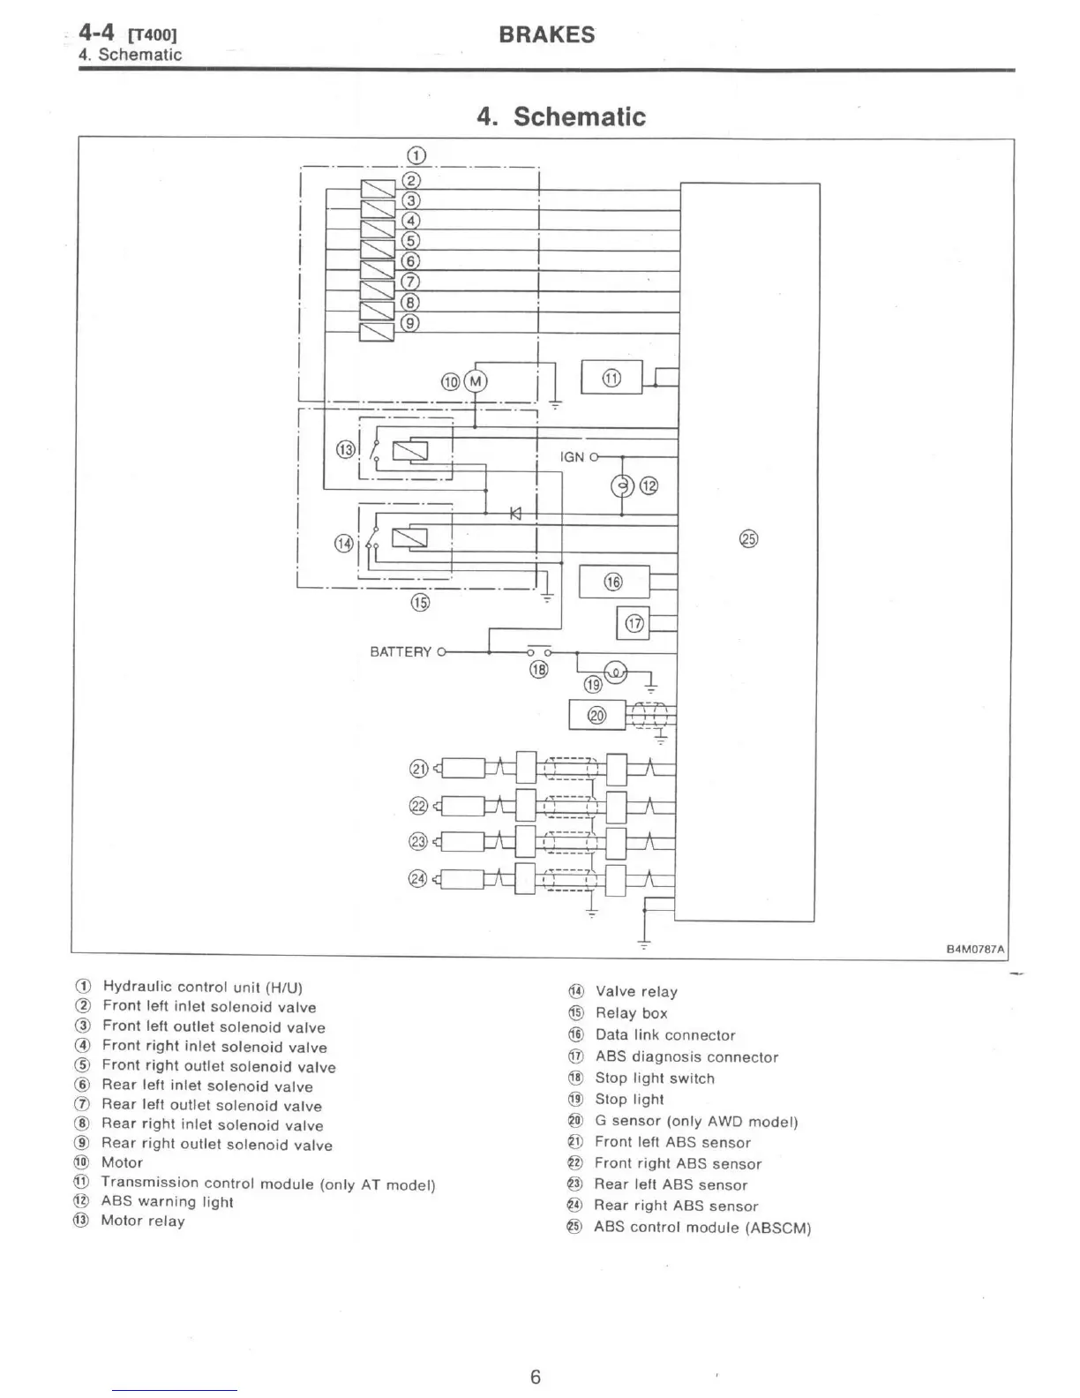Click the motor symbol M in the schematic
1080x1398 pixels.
pos(476,381)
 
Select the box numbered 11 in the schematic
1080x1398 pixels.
pos(611,378)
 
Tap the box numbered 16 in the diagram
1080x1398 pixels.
pos(613,581)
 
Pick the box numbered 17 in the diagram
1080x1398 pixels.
pos(634,624)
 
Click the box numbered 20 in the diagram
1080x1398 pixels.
pos(597,715)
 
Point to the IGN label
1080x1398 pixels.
pos(572,457)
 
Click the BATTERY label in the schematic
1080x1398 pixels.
pos(401,652)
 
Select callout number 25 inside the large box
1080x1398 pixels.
pos(748,539)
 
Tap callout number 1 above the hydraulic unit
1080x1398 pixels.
pos(416,156)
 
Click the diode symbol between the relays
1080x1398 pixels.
pos(515,513)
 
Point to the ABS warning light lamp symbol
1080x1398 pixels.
pos(622,485)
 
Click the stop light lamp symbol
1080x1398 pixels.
pos(615,673)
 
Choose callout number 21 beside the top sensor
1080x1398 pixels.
pos(418,769)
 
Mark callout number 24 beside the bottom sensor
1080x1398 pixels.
pos(418,878)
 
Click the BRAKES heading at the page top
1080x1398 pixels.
pos(546,35)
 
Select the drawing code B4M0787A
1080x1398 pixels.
pos(975,950)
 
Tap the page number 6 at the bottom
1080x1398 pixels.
pos(535,1377)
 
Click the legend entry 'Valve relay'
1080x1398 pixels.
pos(635,992)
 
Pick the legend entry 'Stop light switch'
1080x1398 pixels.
pos(654,1079)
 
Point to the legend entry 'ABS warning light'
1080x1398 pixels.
pos(167,1202)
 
